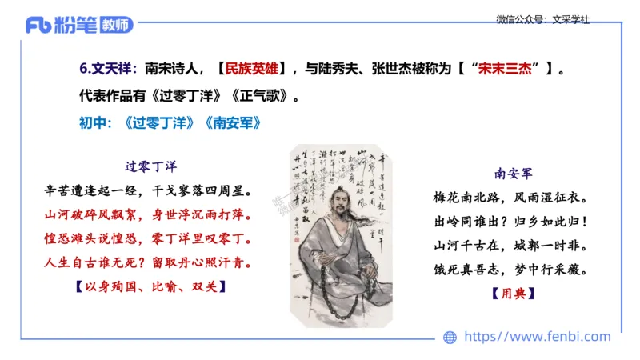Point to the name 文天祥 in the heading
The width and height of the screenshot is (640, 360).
tap(115, 70)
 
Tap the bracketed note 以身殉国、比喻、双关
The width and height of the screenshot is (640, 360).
tap(150, 285)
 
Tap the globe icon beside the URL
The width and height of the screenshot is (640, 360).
tap(450, 338)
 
